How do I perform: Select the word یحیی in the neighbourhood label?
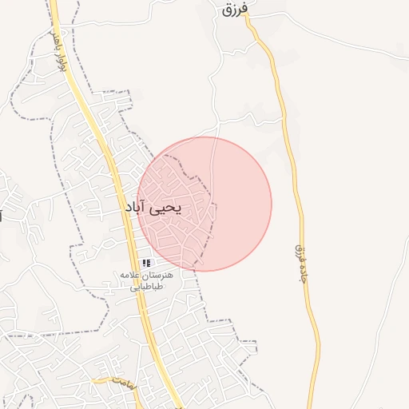tap(165, 208)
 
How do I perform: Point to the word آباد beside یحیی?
tap(135, 208)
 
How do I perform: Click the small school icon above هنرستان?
tap(146, 263)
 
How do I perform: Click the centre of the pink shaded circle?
tap(204, 204)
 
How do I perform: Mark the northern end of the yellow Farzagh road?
tap(249, 22)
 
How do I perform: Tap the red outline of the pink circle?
tap(272, 204)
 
